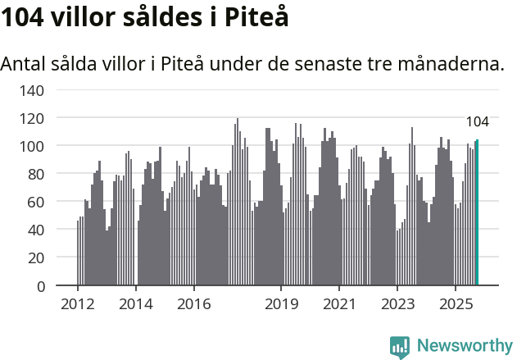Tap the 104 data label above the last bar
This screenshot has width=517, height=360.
(478, 121)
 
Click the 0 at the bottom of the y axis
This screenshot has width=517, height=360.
(39, 285)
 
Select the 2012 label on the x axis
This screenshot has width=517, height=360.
(78, 304)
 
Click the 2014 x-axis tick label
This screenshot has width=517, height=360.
(136, 304)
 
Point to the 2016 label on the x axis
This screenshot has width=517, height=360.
(193, 304)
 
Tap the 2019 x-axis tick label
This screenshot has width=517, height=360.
(281, 304)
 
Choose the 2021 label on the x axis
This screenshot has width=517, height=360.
(338, 304)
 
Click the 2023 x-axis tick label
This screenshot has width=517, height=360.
(397, 304)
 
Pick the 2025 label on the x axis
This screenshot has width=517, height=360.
(455, 304)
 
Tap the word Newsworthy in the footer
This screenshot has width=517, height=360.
(465, 345)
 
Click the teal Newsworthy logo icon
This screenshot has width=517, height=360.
(400, 347)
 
